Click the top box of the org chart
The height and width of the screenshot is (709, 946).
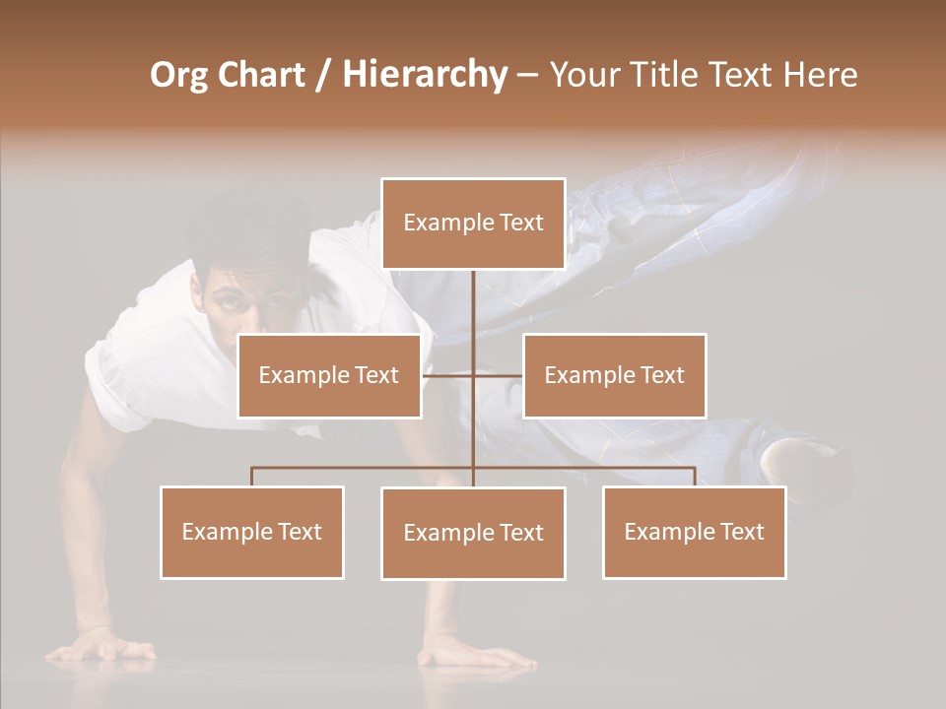click(473, 224)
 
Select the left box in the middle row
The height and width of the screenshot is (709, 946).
click(329, 375)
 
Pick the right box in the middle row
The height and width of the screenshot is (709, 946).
click(615, 375)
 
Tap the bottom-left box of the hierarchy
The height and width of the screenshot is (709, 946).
click(252, 532)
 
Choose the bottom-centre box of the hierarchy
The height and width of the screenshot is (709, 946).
click(473, 533)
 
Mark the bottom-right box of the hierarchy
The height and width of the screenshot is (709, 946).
click(695, 532)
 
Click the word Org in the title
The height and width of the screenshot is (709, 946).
click(178, 75)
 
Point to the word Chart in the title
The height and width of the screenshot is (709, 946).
click(261, 75)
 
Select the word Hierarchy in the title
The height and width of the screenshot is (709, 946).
click(424, 75)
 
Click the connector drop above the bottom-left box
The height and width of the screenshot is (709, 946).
click(252, 477)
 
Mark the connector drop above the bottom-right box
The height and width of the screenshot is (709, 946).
click(695, 477)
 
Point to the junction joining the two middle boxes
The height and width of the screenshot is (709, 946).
click(473, 375)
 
